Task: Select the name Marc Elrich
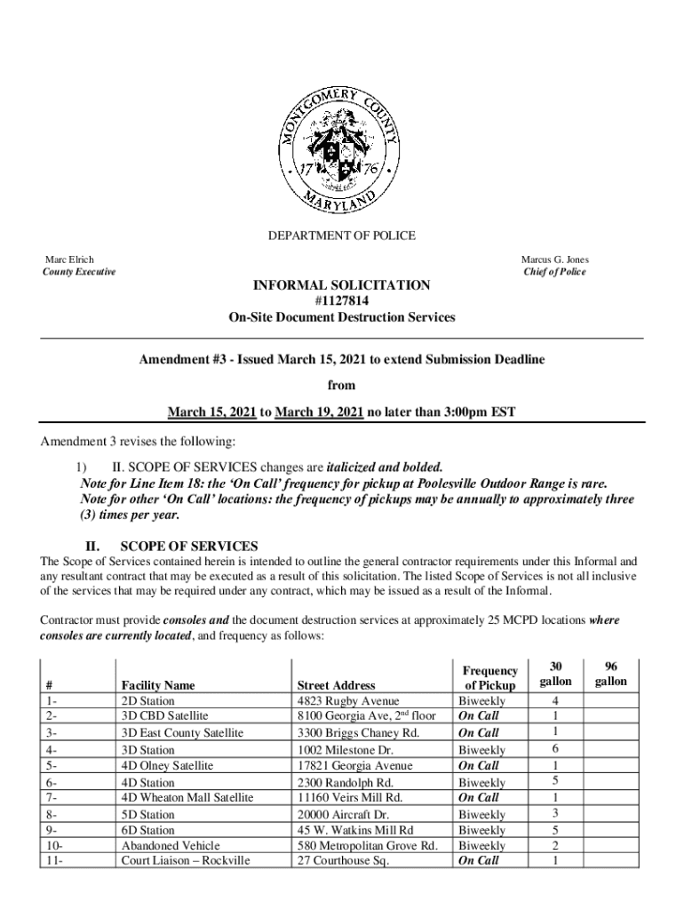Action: pyautogui.click(x=69, y=259)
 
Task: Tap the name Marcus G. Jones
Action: pyautogui.click(x=554, y=259)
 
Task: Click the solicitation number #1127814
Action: pyautogui.click(x=342, y=301)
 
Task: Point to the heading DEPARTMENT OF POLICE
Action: pyautogui.click(x=342, y=235)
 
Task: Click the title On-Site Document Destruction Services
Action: pyautogui.click(x=342, y=317)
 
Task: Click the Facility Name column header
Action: pyautogui.click(x=157, y=685)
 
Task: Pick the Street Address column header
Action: pyautogui.click(x=336, y=685)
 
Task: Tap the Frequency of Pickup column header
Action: pyautogui.click(x=489, y=678)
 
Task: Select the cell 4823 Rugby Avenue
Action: pyautogui.click(x=348, y=701)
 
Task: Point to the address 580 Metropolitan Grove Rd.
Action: pyautogui.click(x=367, y=845)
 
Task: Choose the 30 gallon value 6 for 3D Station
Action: pyautogui.click(x=555, y=749)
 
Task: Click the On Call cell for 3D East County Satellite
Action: pyautogui.click(x=478, y=733)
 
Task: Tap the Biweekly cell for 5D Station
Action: pyautogui.click(x=481, y=814)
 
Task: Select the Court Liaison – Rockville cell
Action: pyautogui.click(x=185, y=860)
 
